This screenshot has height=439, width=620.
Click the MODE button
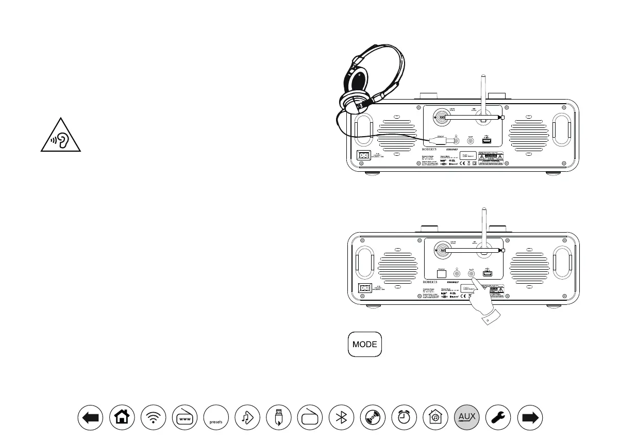[x=365, y=344]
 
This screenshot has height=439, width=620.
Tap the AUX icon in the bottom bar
[x=467, y=418]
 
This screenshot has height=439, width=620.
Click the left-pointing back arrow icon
[x=90, y=418]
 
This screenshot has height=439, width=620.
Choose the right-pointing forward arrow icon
[x=530, y=418]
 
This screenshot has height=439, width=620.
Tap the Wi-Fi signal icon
[x=153, y=418]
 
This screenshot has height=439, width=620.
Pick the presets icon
[x=216, y=418]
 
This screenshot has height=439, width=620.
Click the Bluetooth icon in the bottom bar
[x=341, y=418]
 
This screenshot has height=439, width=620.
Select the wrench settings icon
[x=499, y=418]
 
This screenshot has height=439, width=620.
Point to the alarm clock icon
[x=404, y=418]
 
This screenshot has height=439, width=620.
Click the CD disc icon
[x=373, y=418]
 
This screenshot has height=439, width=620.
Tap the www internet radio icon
[x=185, y=418]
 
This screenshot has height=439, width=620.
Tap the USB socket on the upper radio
[x=487, y=139]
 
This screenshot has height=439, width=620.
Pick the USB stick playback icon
[x=278, y=418]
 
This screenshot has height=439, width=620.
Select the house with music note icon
[x=435, y=418]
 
